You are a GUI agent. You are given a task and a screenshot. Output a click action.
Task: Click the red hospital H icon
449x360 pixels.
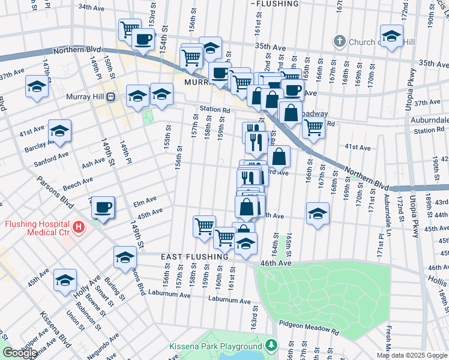coord(79,227)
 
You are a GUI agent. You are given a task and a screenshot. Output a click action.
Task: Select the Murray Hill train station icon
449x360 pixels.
coord(110,97)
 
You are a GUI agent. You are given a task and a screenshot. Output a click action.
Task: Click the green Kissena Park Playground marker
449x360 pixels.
coord(271,346)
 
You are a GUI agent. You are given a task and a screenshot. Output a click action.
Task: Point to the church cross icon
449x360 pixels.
coord(339,41)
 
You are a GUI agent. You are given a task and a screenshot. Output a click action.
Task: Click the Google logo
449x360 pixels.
coord(19,353)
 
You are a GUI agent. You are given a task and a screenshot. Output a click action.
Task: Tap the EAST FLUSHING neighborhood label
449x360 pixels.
coord(194,257)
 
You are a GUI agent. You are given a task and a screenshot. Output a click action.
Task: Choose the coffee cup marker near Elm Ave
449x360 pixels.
coord(103,207)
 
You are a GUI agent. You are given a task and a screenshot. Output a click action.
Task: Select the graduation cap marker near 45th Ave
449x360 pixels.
coord(317,214)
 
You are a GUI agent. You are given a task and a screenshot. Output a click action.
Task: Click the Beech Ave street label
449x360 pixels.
coord(78,181)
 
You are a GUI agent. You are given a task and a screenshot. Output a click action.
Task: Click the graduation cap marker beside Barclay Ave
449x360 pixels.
coord(60,131)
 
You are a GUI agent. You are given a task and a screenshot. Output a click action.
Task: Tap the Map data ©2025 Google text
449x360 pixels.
coord(412,355)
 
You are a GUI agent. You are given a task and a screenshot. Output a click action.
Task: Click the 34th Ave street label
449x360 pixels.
coord(91,7)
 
